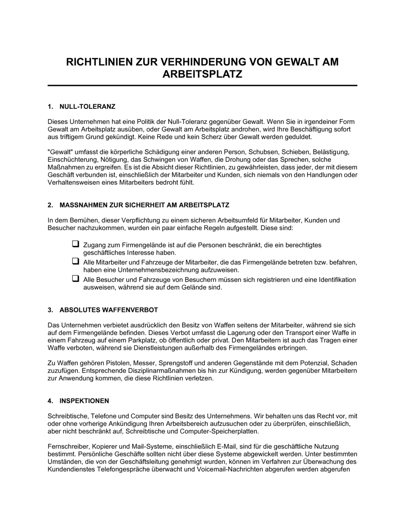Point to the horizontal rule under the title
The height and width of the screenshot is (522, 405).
202,86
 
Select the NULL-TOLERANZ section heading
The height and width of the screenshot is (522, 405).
87,107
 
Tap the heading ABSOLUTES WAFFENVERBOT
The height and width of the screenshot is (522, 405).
109,310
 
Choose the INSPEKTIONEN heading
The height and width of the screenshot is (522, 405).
84,401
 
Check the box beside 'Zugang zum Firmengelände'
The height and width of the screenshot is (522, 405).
75,244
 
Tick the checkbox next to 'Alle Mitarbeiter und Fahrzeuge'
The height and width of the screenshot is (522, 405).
75,261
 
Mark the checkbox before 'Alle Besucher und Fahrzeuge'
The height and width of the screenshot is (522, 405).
75,279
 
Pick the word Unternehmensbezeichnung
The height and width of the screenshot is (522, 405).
156,269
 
